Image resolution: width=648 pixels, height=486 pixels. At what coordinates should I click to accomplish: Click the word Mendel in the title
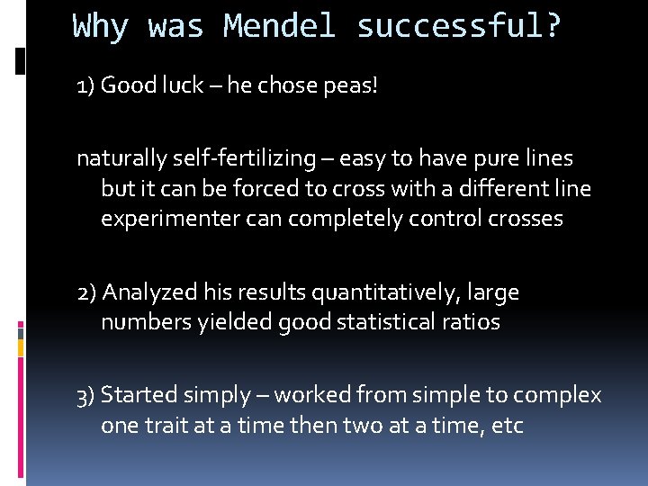click(280, 26)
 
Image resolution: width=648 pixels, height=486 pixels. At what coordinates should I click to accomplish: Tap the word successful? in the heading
click(459, 26)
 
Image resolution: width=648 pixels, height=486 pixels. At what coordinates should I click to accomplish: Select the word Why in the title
click(101, 26)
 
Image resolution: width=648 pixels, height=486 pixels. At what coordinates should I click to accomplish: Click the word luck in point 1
click(184, 85)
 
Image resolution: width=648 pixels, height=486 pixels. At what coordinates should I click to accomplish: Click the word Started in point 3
click(139, 395)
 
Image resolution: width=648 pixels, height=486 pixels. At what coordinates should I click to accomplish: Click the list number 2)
click(87, 293)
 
